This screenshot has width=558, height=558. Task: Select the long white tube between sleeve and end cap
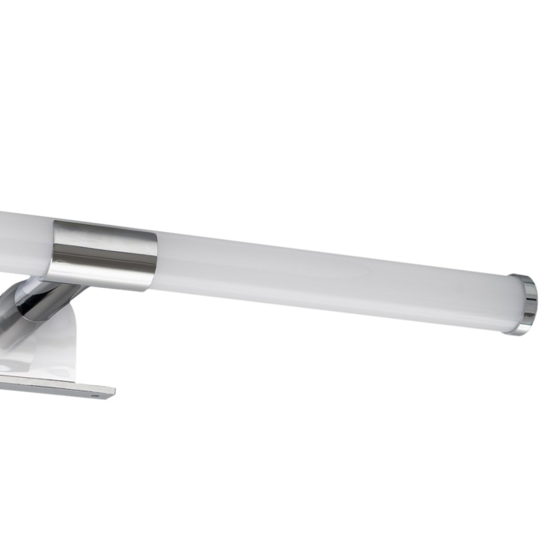335,275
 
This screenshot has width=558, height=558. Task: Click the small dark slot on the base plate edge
96,393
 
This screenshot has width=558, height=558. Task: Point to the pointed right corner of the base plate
114,391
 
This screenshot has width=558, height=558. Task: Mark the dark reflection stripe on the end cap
532,304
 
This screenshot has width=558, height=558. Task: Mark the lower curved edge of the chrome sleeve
104,285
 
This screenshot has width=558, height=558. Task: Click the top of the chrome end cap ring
522,277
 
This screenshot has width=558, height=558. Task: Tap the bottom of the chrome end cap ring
522,332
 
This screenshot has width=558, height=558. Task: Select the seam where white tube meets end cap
511,303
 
